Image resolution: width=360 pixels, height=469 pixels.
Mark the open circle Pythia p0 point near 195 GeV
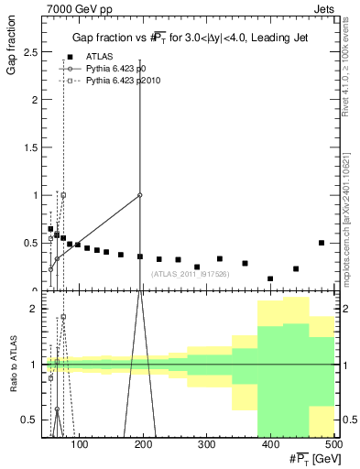(x=139, y=195)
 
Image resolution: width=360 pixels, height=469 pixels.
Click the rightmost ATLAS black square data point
(x=322, y=243)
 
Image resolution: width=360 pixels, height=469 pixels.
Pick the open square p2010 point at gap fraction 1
(x=63, y=195)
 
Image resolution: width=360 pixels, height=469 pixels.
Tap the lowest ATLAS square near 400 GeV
(x=270, y=278)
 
